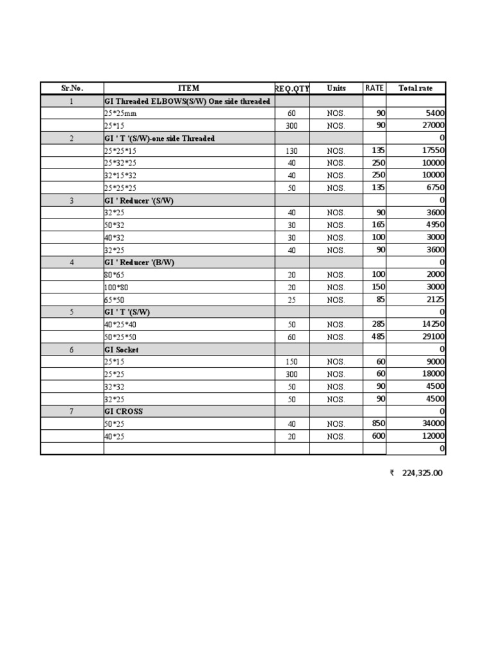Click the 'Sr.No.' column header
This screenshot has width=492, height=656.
pyautogui.click(x=72, y=88)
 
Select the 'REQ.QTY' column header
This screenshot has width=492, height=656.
pyautogui.click(x=292, y=88)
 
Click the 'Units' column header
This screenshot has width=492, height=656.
pyautogui.click(x=336, y=88)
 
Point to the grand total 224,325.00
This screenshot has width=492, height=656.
pyautogui.click(x=422, y=473)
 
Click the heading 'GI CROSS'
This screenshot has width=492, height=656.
pyautogui.click(x=124, y=411)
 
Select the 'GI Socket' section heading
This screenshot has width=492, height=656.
pyautogui.click(x=121, y=350)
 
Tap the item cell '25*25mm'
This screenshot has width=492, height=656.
pyautogui.click(x=120, y=113)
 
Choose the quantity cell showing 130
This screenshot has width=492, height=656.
pyautogui.click(x=291, y=151)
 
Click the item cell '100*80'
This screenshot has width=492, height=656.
pyautogui.click(x=117, y=287)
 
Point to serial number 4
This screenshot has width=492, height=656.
pyautogui.click(x=72, y=263)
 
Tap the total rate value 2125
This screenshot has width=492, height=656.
pyautogui.click(x=433, y=300)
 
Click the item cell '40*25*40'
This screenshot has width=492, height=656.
pyautogui.click(x=120, y=324)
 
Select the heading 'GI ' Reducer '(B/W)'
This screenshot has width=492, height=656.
pyautogui.click(x=139, y=263)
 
